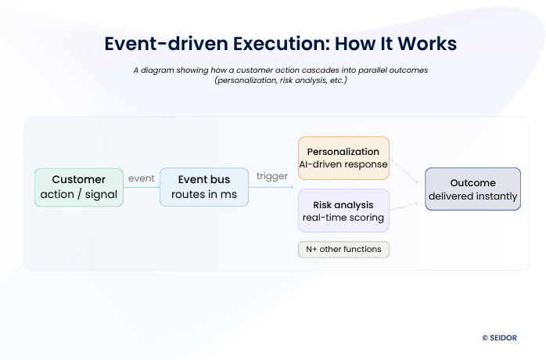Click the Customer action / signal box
pos(79,187)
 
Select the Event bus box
pos(203,187)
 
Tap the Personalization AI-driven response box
pos(343,158)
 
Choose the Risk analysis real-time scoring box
pos(343,211)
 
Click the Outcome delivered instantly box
pos(472,189)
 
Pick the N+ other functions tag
pos(343,250)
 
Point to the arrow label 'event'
pos(142,178)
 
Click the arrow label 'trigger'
pos(272,176)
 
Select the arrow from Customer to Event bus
pos(142,188)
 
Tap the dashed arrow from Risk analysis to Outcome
pos(408,205)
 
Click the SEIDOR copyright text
pos(499,337)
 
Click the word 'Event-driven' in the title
pos(163,44)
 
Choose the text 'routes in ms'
pos(203,195)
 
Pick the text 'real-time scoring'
pos(343,218)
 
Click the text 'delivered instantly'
pos(472,196)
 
